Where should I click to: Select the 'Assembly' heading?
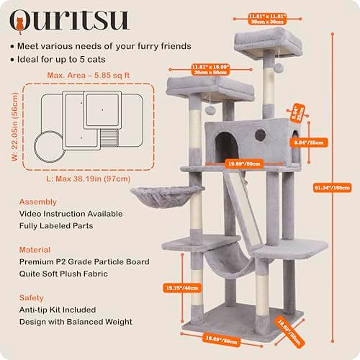click(37, 202)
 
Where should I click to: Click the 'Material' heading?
click(36, 250)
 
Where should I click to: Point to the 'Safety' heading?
click(32, 297)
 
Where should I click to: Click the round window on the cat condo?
click(260, 135)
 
